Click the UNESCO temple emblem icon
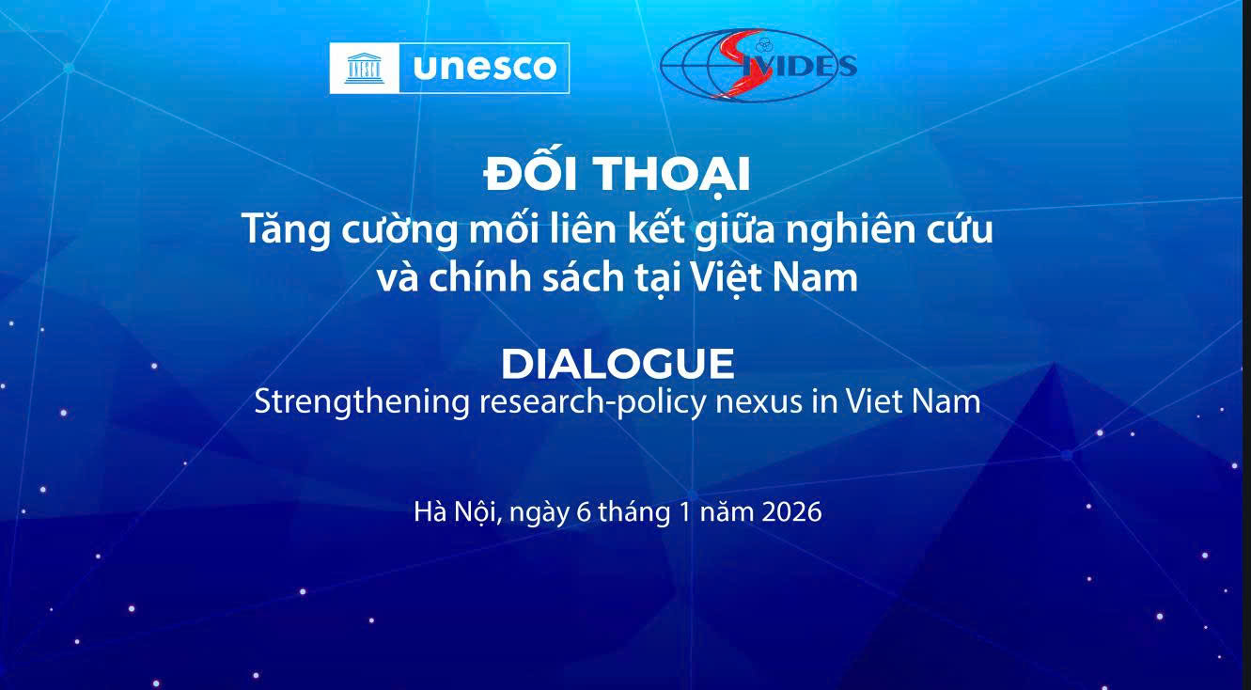pyautogui.click(x=364, y=69)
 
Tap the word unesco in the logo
pyautogui.click(x=485, y=68)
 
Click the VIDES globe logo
pyautogui.click(x=758, y=65)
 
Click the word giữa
pyautogui.click(x=736, y=229)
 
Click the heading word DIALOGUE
pyautogui.click(x=618, y=364)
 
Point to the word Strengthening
pyautogui.click(x=362, y=403)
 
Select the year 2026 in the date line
pyautogui.click(x=791, y=511)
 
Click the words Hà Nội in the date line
pyautogui.click(x=455, y=512)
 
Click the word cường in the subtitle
pyautogui.click(x=399, y=229)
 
